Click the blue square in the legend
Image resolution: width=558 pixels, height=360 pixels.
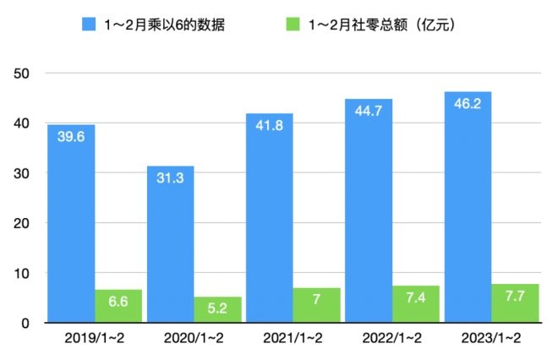coord(89,25)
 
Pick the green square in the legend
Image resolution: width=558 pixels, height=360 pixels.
coord(317,25)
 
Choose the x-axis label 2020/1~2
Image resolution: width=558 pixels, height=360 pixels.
coord(194,339)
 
